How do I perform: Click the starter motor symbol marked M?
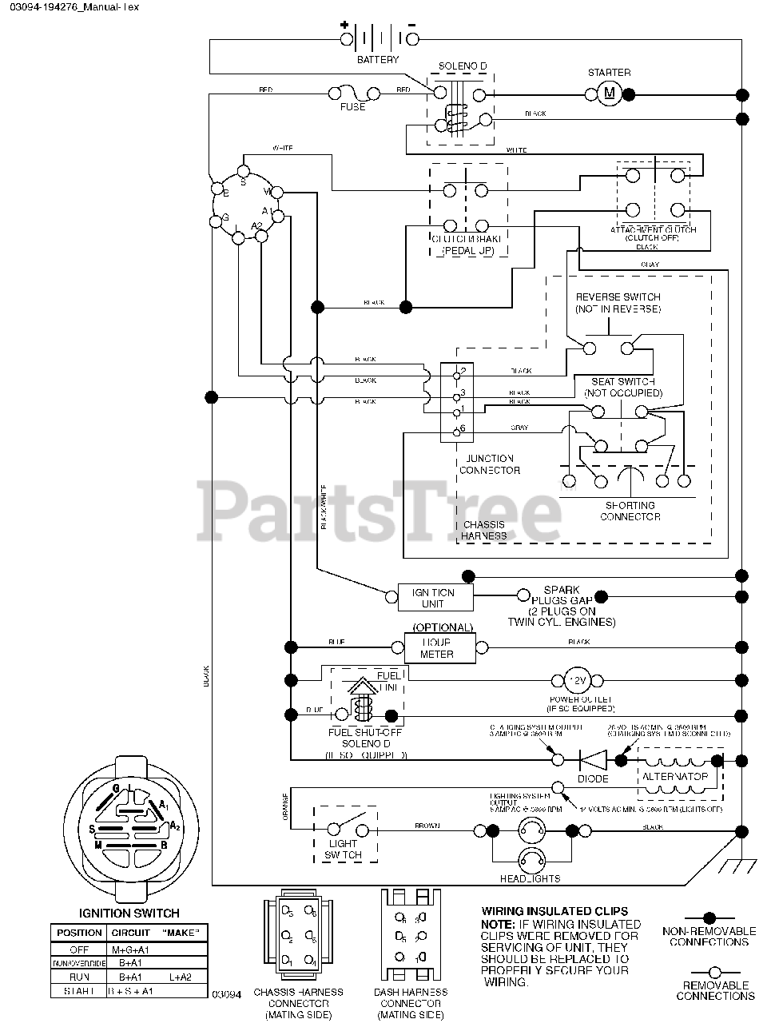point(610,94)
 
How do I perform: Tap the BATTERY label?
point(378,60)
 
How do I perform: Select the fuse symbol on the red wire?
point(353,94)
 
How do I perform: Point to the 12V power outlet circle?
point(577,681)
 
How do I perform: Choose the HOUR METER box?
point(437,648)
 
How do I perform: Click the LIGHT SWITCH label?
point(344,849)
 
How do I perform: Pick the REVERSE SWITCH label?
point(618,302)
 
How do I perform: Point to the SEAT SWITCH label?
point(623,388)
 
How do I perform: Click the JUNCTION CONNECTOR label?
point(489,464)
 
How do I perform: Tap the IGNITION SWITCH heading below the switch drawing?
point(129,913)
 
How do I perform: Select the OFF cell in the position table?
point(79,949)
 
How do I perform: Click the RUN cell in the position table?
point(79,977)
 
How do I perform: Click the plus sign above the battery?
point(345,24)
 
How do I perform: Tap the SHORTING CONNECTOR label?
point(630,511)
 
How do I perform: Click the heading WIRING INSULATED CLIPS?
point(554,910)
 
